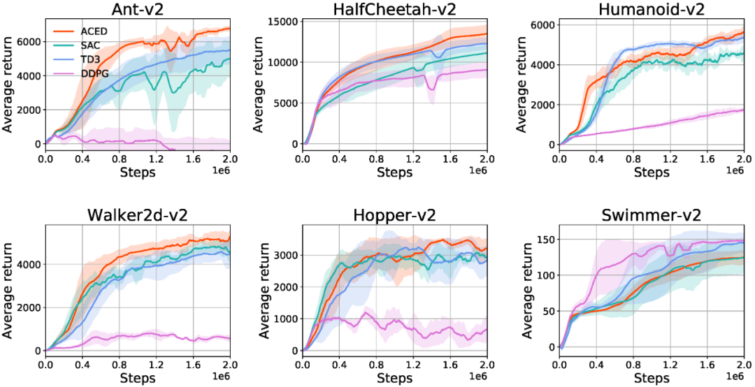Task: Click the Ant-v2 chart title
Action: coord(137,9)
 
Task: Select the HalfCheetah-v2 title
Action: coord(394,9)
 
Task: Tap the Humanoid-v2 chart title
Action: coord(651,9)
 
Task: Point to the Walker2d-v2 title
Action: coord(137,214)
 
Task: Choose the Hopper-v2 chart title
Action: coord(394,214)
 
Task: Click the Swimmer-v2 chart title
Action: coord(651,214)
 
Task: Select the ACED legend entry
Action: coord(92,31)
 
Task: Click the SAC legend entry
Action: coord(89,45)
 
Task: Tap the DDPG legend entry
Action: coord(92,73)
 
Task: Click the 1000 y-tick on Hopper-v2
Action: coord(285,319)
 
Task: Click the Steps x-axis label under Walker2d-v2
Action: coord(137,378)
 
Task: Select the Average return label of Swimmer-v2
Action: coord(522,291)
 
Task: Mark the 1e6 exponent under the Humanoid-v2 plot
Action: coord(733,171)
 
